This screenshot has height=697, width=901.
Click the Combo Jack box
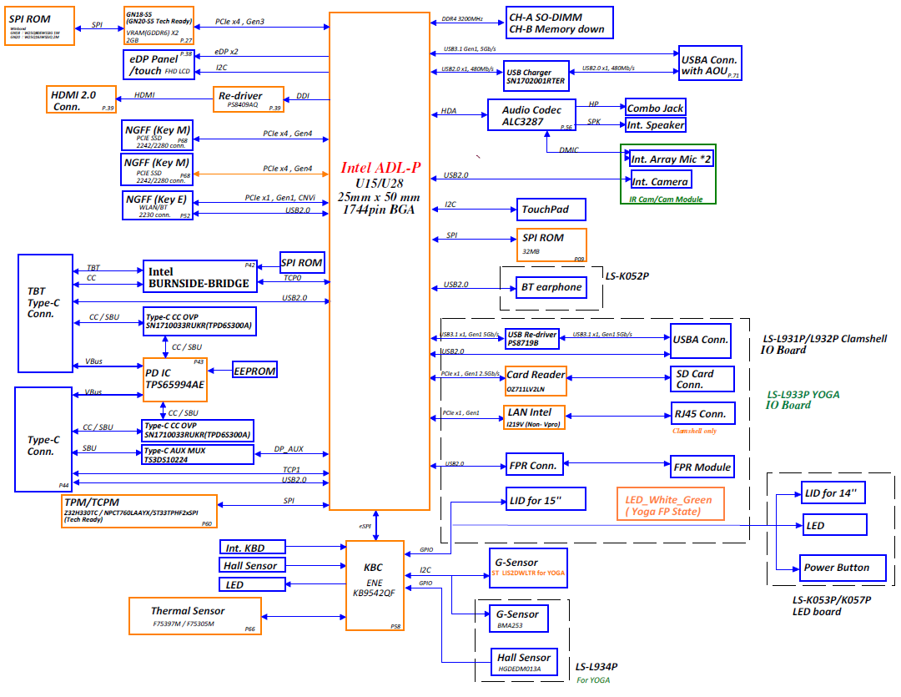(x=655, y=108)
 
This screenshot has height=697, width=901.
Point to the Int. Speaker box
(x=655, y=125)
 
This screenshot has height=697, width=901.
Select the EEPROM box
(x=254, y=370)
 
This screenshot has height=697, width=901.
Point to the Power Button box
(x=835, y=568)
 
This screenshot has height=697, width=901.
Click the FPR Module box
(x=702, y=467)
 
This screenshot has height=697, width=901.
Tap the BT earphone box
(x=551, y=288)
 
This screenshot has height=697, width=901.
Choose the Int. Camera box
(x=660, y=181)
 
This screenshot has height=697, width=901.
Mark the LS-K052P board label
(x=627, y=275)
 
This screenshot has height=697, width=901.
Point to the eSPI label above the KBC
(x=365, y=526)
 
